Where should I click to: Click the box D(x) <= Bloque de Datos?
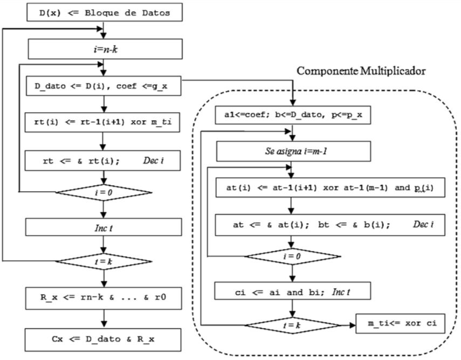click(102, 12)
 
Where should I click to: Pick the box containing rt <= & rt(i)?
click(102, 160)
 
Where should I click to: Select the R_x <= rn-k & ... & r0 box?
click(102, 296)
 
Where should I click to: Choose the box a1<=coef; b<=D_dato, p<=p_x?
click(292, 114)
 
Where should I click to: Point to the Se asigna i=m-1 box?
click(292, 151)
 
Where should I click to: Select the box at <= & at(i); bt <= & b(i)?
click(329, 224)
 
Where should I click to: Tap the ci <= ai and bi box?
click(292, 291)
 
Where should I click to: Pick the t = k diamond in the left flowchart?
click(102, 261)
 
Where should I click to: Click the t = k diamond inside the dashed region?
click(292, 326)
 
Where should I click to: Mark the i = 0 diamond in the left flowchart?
click(102, 191)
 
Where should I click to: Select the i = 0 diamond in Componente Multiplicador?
click(292, 256)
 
